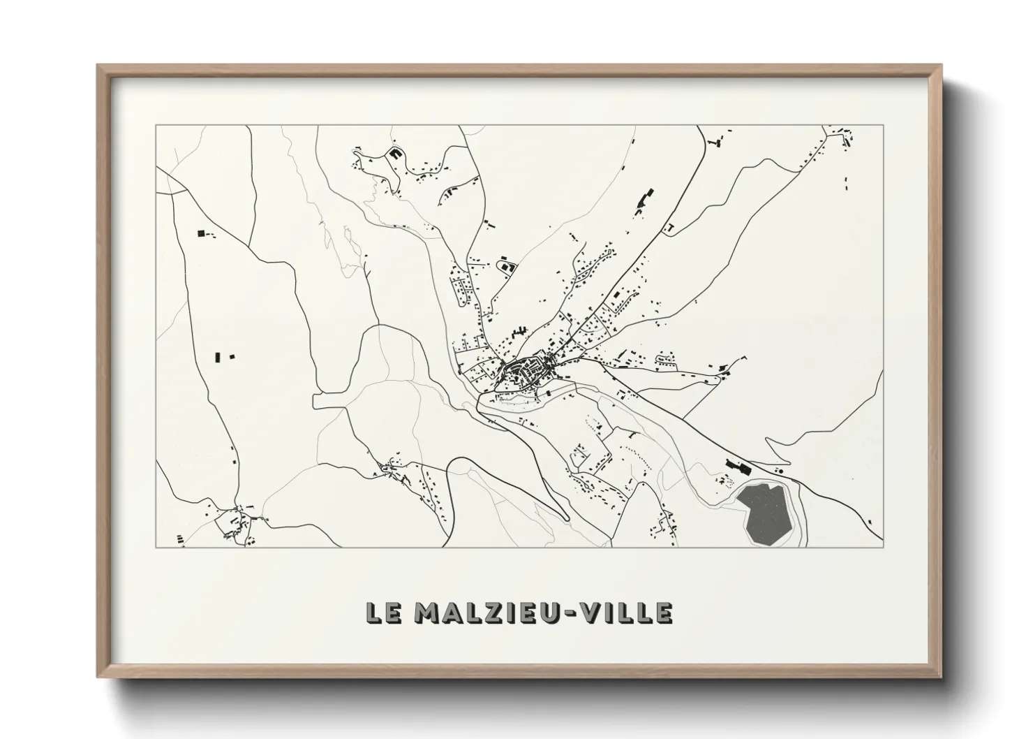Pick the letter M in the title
coord(428,613)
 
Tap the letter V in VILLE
coord(592,613)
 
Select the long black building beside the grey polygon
coord(736,464)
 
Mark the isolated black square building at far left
coord(202,233)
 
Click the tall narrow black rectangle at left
coord(218,358)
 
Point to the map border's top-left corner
coord(156,126)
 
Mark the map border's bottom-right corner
coord(883,548)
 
